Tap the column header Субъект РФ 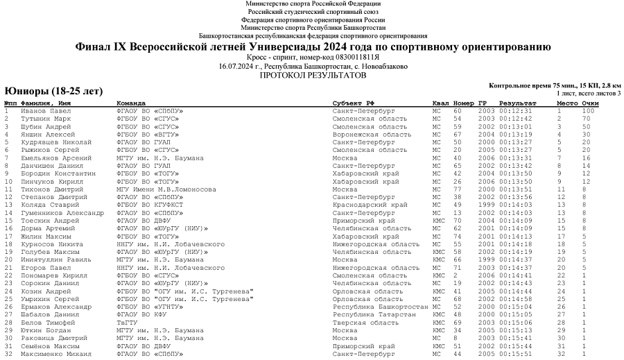coord(354,103)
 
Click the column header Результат coord(517,103)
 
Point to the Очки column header coord(590,103)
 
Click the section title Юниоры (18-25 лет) coord(53,91)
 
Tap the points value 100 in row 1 coord(589,111)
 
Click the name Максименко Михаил coord(54,354)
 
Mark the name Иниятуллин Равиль coord(52,260)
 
